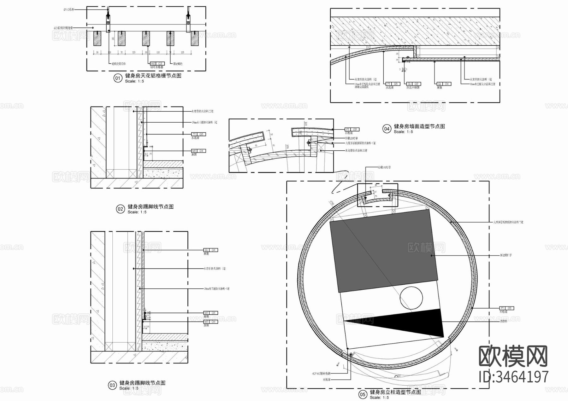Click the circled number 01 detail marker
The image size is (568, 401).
click(x=118, y=78)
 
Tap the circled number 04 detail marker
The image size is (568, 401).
click(x=387, y=129)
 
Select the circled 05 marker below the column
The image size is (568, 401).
click(x=363, y=394)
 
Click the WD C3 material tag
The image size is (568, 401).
click(x=157, y=64)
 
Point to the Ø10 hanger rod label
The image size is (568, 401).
click(x=69, y=10)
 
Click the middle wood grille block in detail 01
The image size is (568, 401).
click(x=146, y=38)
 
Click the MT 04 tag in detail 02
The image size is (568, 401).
click(x=198, y=151)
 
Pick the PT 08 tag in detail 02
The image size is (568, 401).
click(x=198, y=134)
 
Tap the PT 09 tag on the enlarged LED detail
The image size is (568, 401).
click(x=351, y=129)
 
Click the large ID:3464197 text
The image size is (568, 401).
click(x=513, y=377)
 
